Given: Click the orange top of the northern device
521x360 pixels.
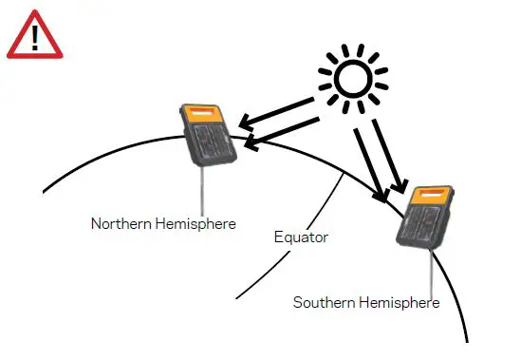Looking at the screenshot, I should point(202,114).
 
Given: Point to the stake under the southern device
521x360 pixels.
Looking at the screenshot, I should point(432,275).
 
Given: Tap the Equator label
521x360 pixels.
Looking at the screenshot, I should point(300,237).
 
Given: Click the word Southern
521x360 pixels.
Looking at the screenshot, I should point(323,303).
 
